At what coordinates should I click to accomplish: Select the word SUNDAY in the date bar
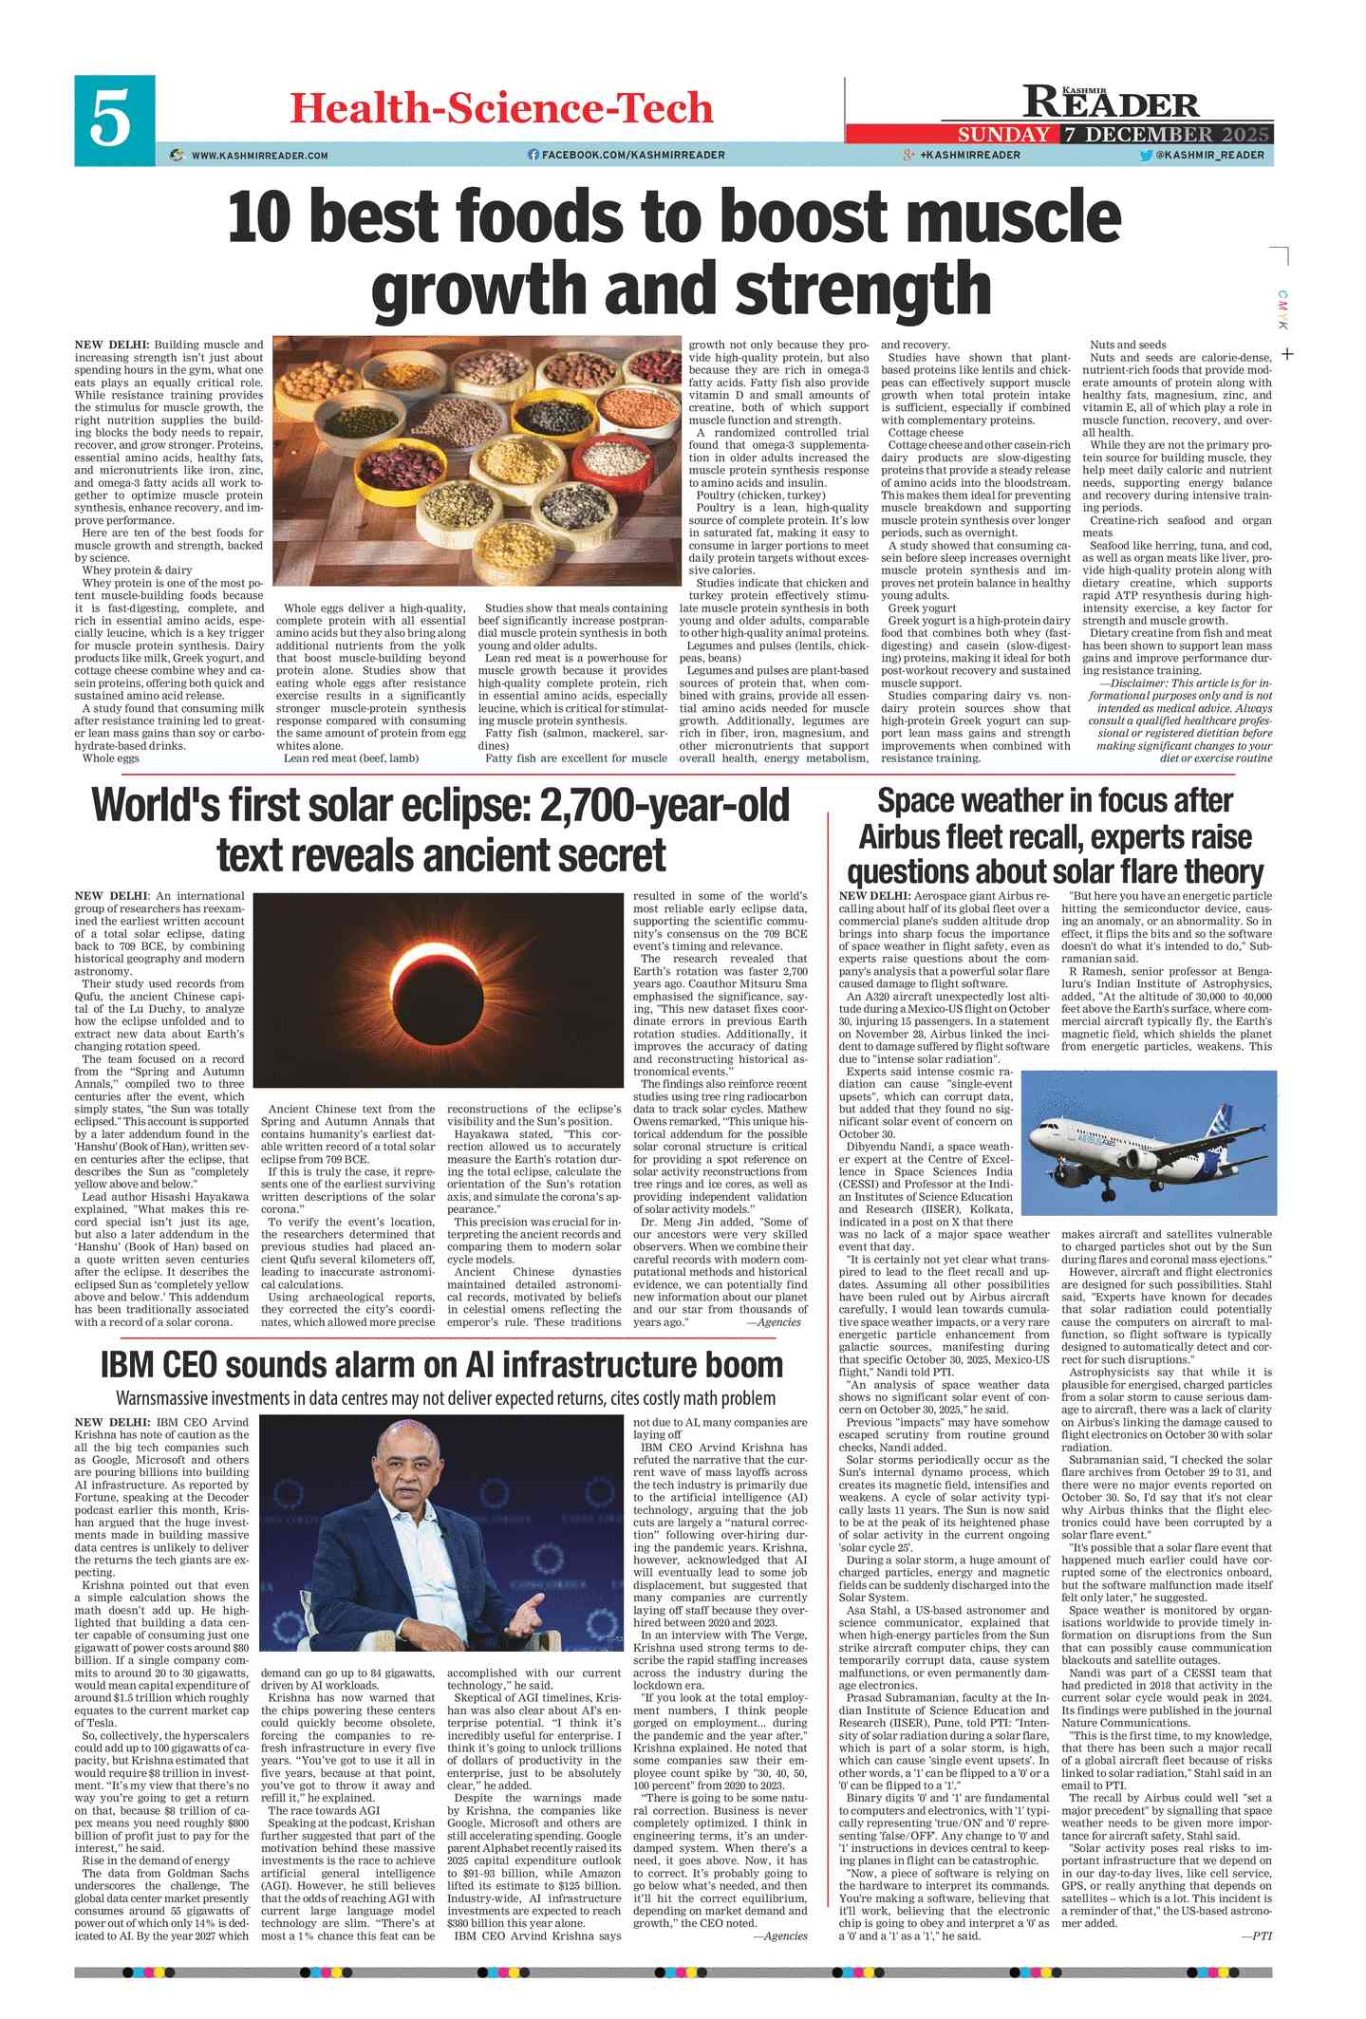(x=1003, y=135)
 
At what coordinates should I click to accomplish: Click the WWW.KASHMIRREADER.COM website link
(x=259, y=156)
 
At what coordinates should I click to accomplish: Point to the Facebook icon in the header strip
(x=533, y=155)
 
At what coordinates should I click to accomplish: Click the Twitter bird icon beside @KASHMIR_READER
(x=1145, y=155)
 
